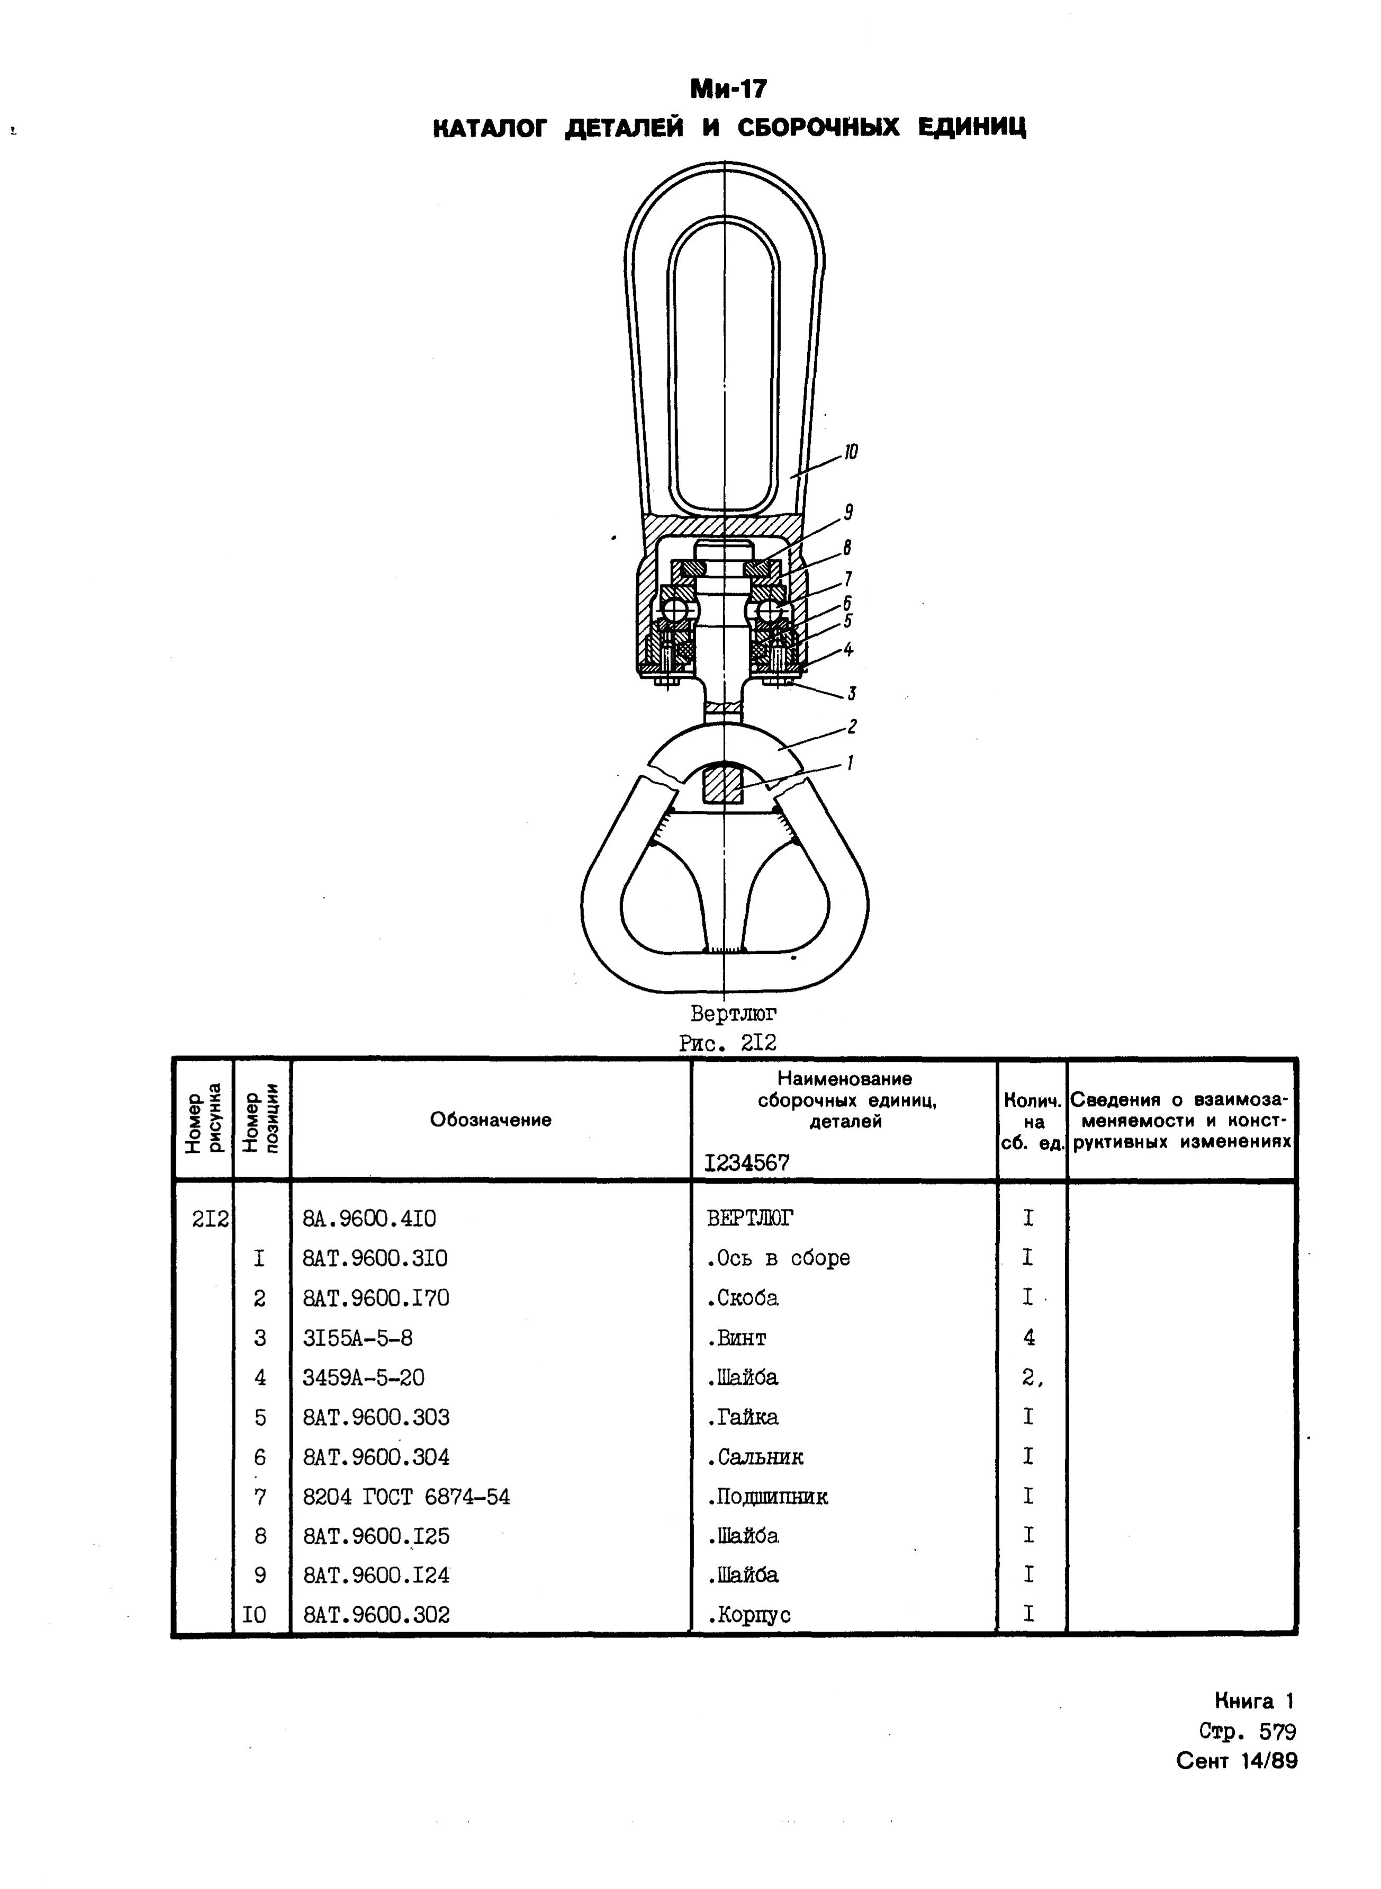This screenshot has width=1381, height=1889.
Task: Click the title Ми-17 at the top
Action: click(727, 88)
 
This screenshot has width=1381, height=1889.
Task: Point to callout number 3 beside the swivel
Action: click(851, 693)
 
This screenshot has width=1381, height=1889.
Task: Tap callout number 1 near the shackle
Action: click(850, 763)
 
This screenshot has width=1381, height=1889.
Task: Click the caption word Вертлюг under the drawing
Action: click(733, 1014)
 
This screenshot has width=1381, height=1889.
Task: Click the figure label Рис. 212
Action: click(727, 1043)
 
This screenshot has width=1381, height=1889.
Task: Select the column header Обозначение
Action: click(491, 1120)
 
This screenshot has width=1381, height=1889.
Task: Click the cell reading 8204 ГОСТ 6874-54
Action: click(407, 1497)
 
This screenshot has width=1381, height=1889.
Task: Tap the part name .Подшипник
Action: click(766, 1497)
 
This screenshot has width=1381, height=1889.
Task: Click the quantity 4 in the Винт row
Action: click(1028, 1338)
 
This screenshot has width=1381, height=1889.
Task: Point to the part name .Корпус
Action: click(748, 1615)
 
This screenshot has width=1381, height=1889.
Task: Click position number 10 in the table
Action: click(255, 1615)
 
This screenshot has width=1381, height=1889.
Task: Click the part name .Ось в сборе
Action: click(778, 1258)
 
